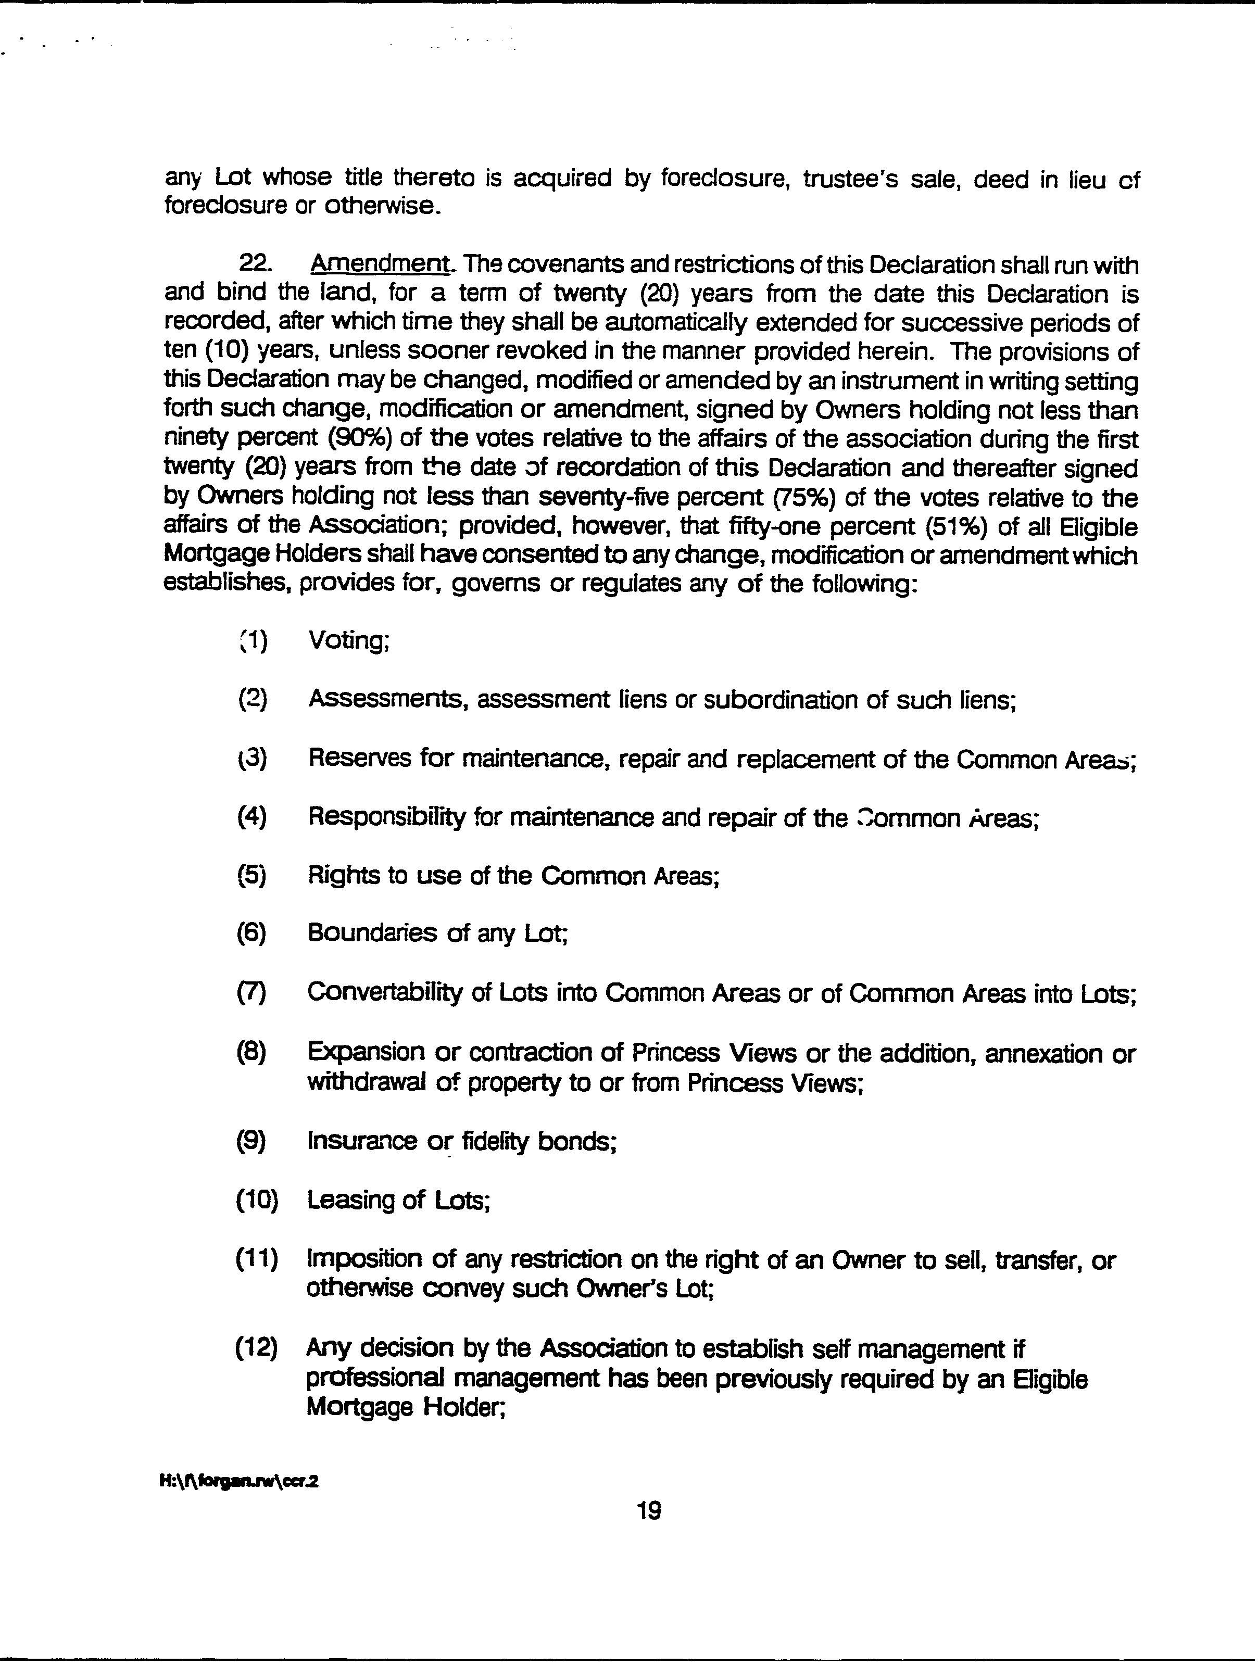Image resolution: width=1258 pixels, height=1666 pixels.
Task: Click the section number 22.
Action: [x=255, y=264]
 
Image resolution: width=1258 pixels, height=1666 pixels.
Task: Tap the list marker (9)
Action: [x=251, y=1142]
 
